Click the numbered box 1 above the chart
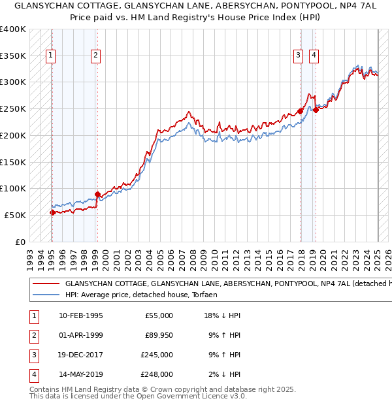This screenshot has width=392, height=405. point(51,56)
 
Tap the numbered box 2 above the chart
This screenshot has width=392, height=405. point(95,56)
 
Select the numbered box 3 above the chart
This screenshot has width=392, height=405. point(298,56)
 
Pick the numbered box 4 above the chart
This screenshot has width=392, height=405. point(314,56)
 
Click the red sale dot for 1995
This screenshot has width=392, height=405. point(52,212)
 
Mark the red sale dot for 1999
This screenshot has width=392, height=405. point(97,194)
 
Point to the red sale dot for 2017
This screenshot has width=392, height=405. point(300,111)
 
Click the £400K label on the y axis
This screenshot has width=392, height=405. point(13,29)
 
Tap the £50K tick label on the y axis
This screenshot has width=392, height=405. point(16,215)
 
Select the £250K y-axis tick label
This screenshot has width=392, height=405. point(13,108)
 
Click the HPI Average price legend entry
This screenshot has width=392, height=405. point(140,295)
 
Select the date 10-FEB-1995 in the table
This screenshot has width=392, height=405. point(80,316)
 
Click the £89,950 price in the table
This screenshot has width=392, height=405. point(157,335)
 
